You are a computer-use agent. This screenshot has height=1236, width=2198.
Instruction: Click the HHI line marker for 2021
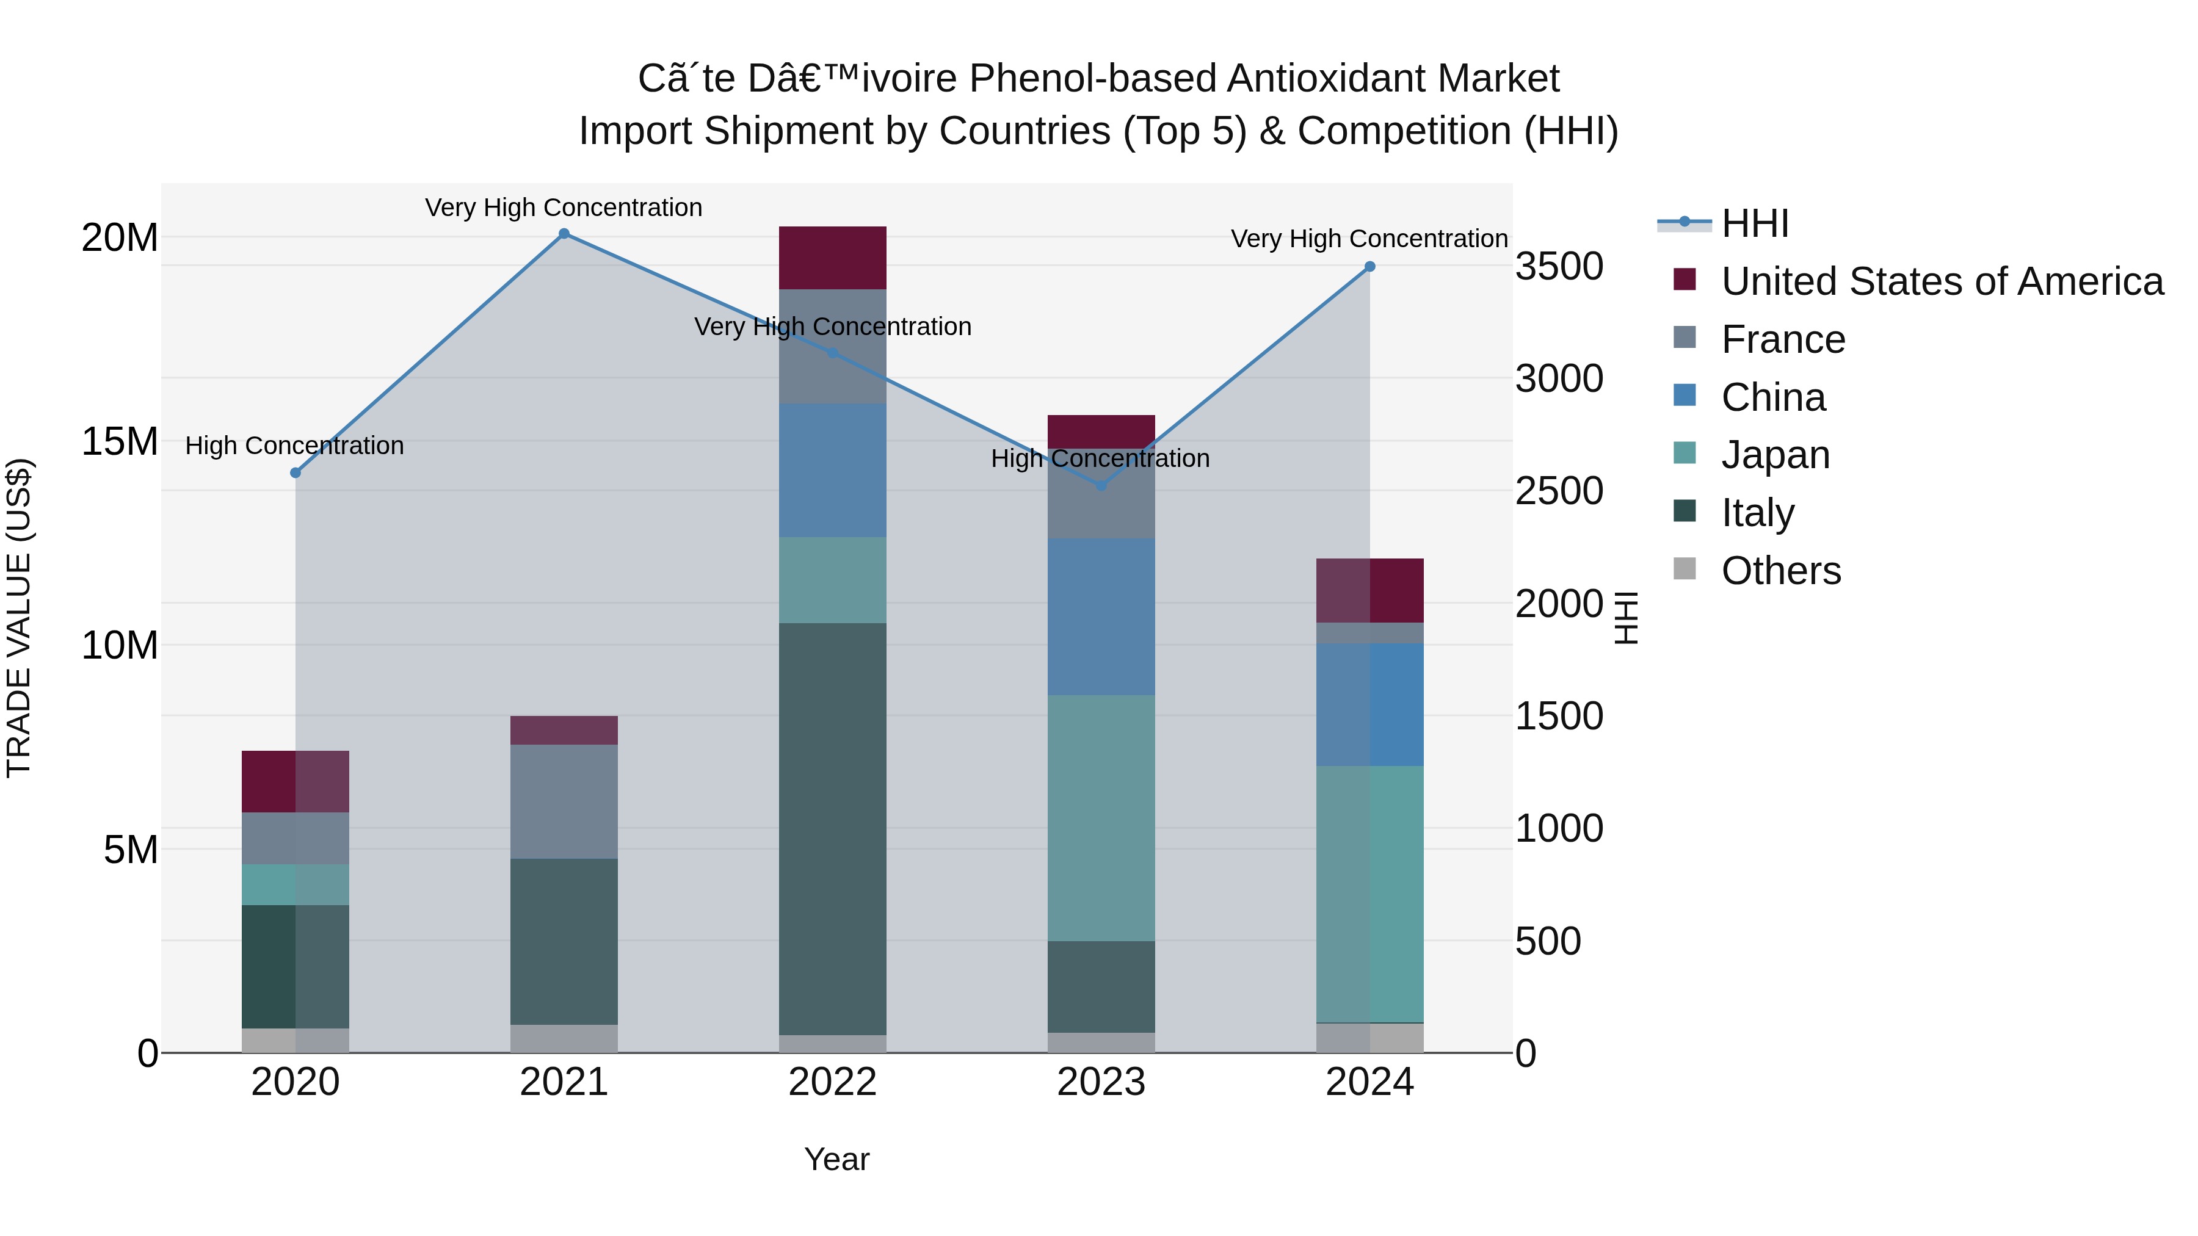(564, 234)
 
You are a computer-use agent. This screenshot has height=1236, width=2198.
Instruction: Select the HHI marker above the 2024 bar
(1369, 267)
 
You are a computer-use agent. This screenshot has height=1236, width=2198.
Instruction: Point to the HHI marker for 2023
(1101, 485)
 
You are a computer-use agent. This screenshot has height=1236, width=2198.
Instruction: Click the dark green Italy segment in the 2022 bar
(832, 828)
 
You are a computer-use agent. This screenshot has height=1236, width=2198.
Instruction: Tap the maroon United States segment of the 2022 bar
(832, 258)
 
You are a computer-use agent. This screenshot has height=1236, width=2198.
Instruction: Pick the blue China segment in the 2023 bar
(1101, 616)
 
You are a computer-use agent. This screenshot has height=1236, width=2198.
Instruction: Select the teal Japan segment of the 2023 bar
(1101, 817)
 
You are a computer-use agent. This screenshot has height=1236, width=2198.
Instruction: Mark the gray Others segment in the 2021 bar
(564, 1038)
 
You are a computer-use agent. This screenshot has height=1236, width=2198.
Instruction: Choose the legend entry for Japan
(1775, 455)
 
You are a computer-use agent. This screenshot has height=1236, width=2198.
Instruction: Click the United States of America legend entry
(1941, 281)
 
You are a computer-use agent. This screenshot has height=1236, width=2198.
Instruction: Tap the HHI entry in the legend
(1754, 223)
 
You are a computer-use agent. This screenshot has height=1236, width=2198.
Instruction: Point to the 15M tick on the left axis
(120, 442)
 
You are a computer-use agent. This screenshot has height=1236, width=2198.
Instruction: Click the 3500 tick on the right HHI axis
(1559, 266)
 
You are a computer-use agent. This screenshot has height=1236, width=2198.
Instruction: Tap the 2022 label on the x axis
(832, 1082)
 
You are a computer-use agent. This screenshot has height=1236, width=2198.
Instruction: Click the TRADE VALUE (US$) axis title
(19, 618)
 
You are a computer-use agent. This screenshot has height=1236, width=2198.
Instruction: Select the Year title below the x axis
(836, 1159)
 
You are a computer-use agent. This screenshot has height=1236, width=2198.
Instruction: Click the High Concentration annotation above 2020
(294, 446)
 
